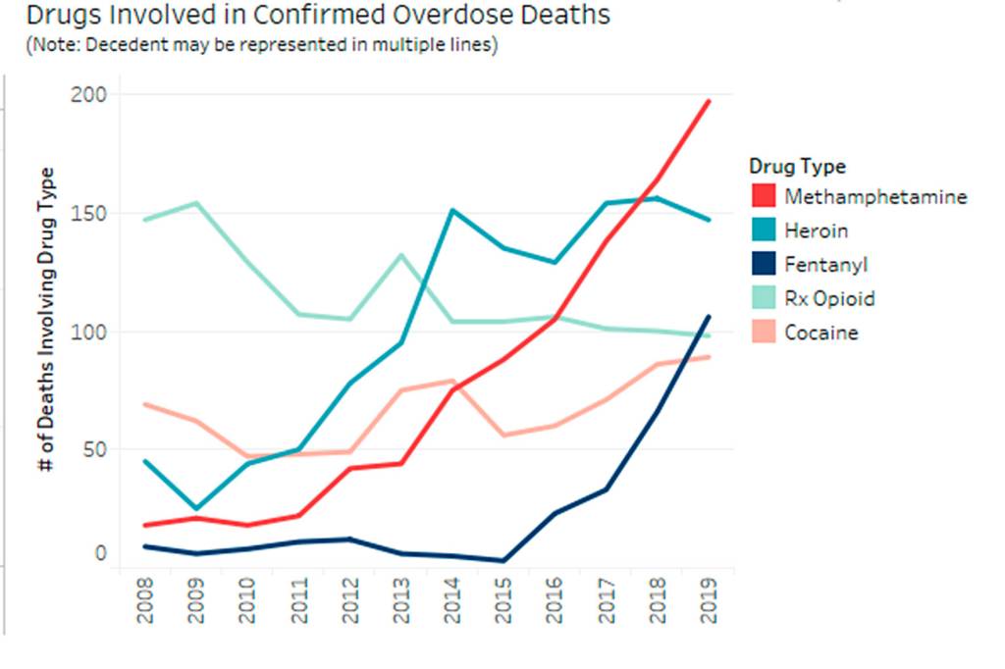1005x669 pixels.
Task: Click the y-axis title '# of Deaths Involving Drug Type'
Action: (x=45, y=321)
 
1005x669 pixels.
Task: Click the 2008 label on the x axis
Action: (x=145, y=603)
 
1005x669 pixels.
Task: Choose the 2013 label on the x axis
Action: (x=401, y=603)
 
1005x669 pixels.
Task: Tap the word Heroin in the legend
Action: (x=816, y=231)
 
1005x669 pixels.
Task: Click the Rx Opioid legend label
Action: (x=829, y=299)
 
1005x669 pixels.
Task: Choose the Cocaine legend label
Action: (x=821, y=334)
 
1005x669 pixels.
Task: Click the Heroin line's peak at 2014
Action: (x=452, y=210)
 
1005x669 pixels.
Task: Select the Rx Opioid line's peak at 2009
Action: (x=196, y=203)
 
